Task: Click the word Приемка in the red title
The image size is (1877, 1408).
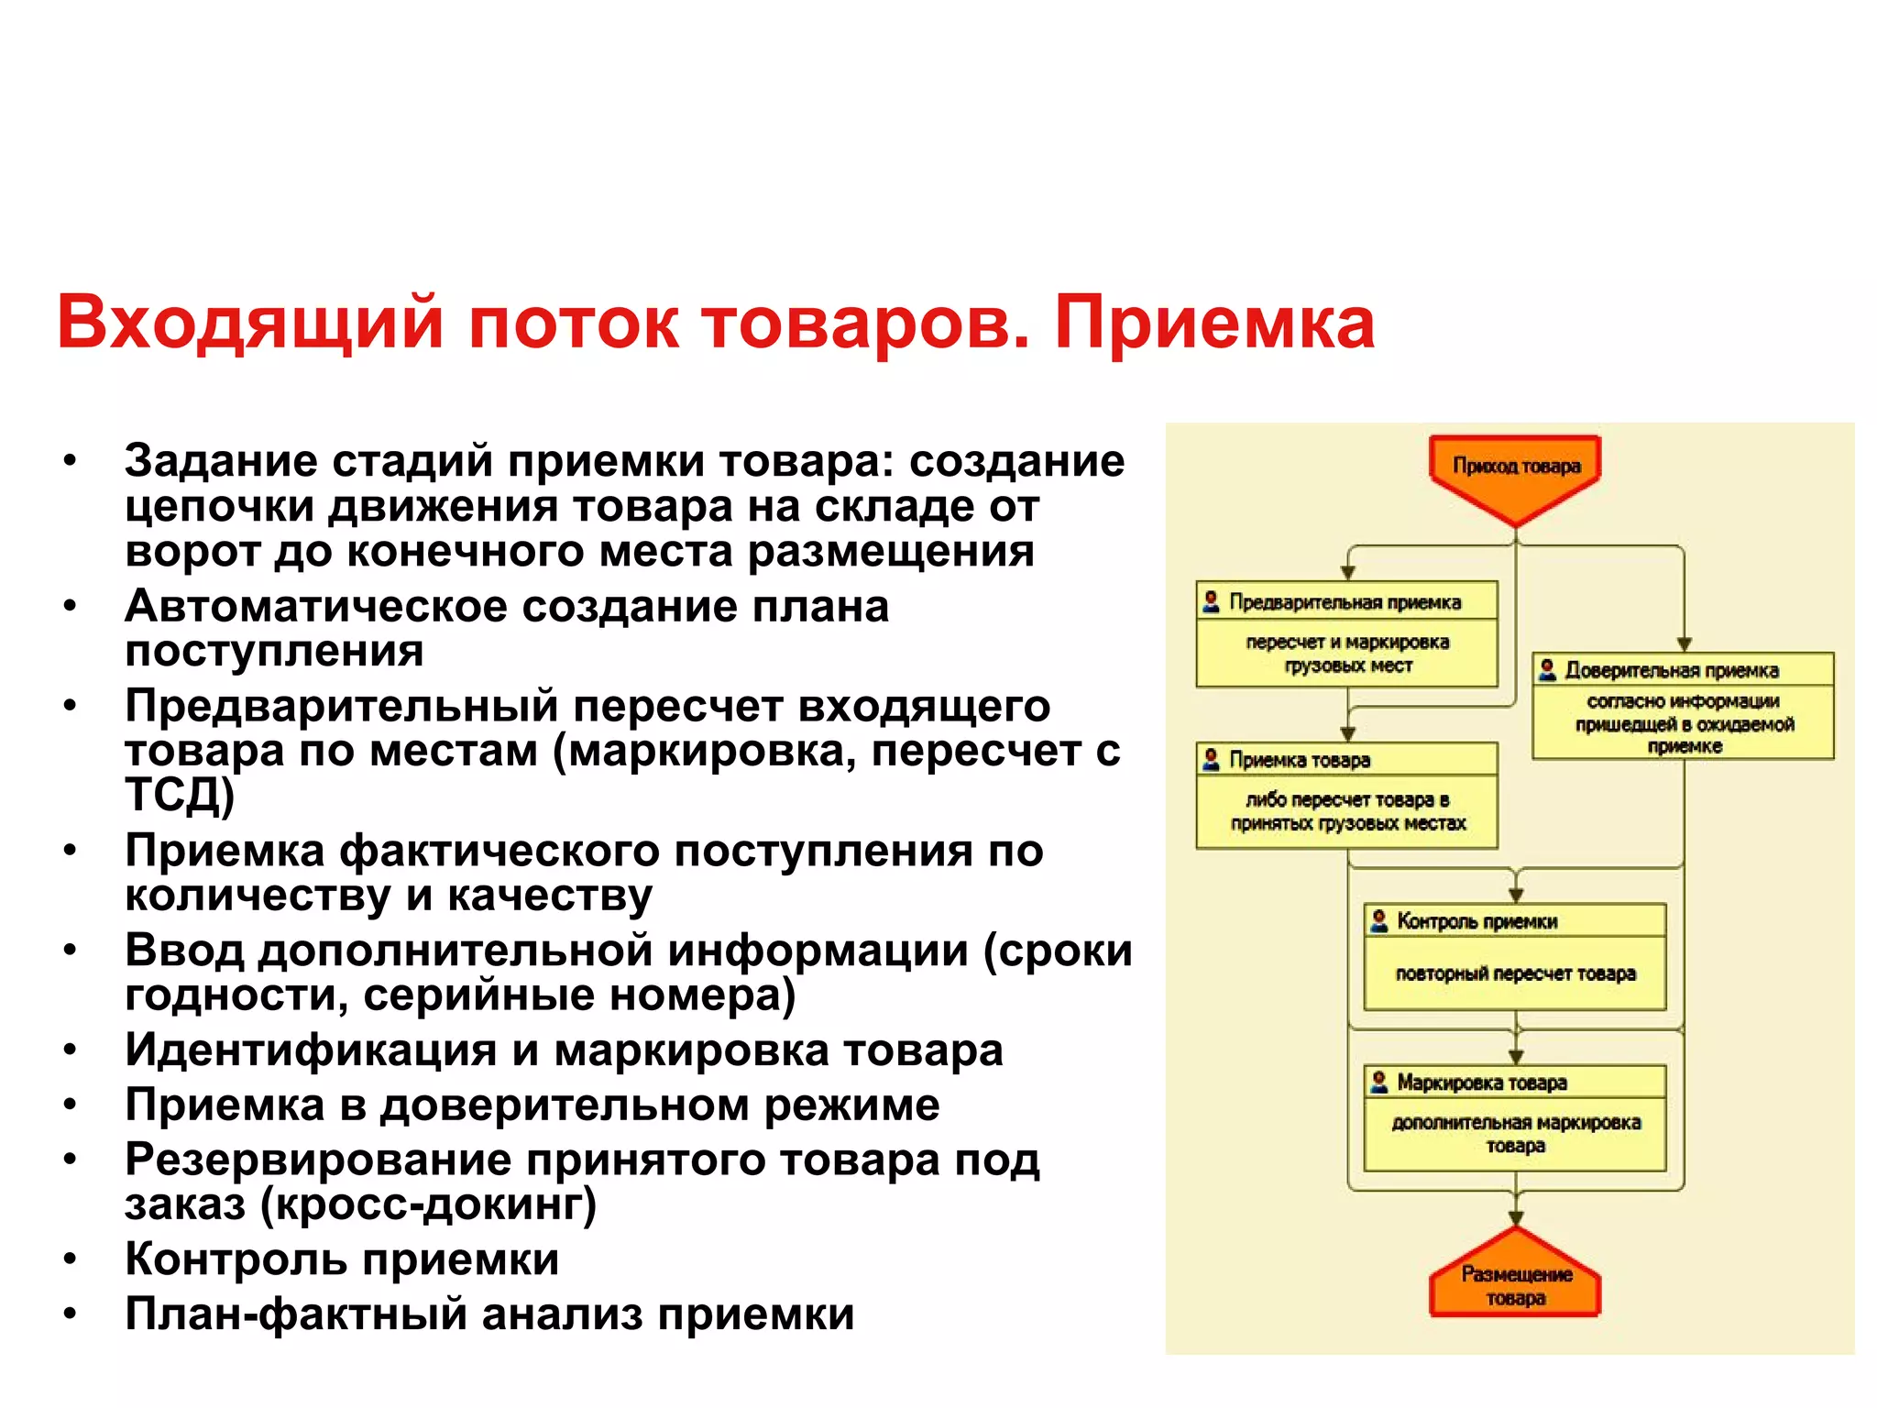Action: (1213, 324)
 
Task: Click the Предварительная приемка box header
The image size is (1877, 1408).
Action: (1345, 602)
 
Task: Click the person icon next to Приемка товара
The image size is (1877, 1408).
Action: (1211, 759)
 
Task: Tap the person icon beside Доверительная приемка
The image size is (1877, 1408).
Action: (1547, 669)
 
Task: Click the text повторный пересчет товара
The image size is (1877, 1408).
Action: (1515, 974)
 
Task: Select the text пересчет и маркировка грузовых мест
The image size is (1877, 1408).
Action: (1347, 654)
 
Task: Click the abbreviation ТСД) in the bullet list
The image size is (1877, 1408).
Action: (180, 795)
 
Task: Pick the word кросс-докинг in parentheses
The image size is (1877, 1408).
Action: (427, 1204)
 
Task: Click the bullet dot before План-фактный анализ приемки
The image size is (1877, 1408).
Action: (70, 1314)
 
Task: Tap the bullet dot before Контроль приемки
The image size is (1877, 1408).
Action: (70, 1259)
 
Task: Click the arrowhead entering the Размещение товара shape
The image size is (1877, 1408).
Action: (1516, 1218)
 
